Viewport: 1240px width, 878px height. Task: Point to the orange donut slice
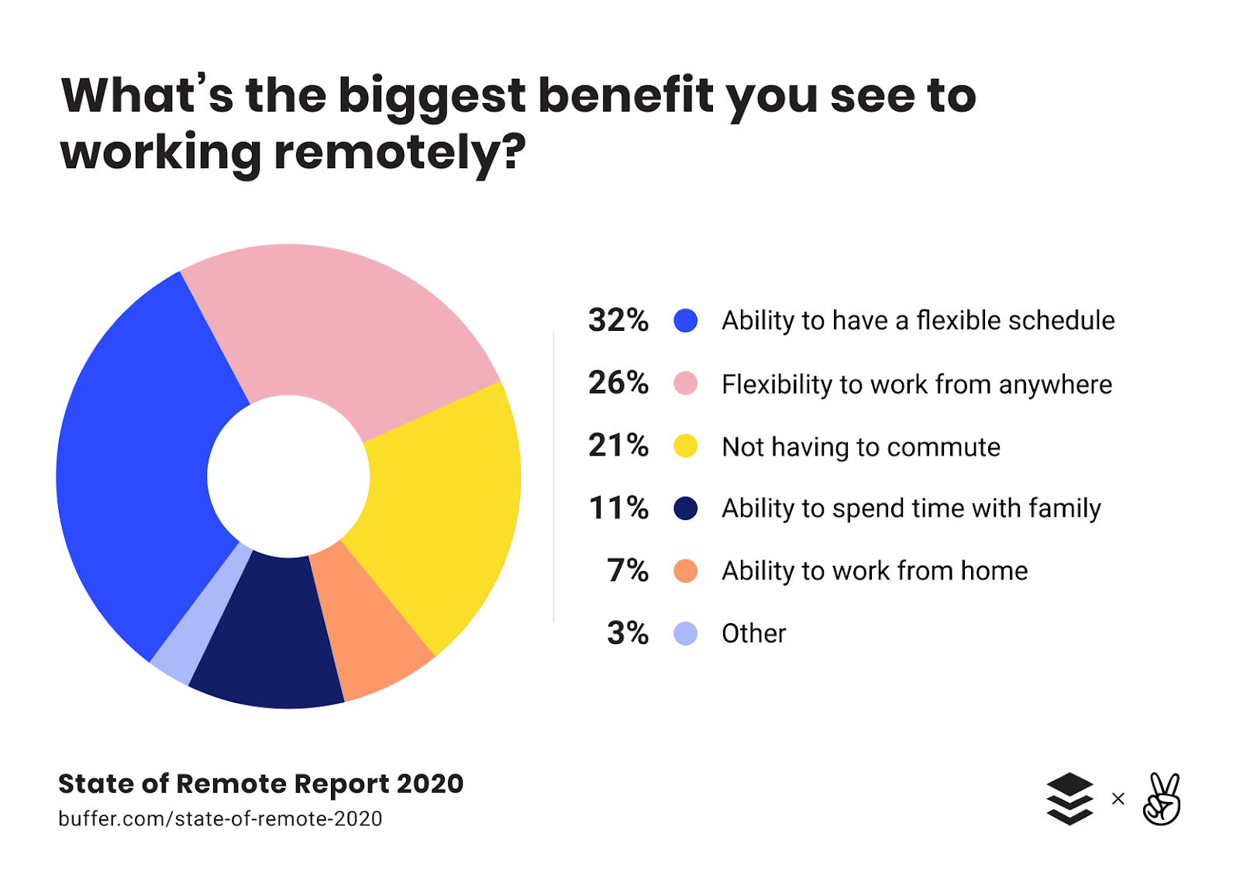tap(372, 620)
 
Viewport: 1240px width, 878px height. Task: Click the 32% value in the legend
tap(618, 320)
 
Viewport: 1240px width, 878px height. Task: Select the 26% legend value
tap(618, 383)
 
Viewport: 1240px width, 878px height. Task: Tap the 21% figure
tap(618, 446)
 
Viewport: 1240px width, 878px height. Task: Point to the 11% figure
tap(618, 508)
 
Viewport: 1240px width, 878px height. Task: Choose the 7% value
tap(627, 571)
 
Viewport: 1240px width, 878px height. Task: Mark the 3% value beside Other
tap(627, 634)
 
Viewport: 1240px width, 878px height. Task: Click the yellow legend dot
tap(685, 446)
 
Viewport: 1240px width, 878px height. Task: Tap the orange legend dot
tap(685, 571)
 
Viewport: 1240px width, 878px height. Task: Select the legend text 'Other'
tap(753, 634)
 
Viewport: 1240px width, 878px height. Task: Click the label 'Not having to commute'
tap(860, 447)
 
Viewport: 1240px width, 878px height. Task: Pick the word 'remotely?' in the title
tap(400, 152)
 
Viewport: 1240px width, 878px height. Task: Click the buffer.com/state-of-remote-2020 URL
tap(220, 819)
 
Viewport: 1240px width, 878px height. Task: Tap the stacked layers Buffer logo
tap(1069, 799)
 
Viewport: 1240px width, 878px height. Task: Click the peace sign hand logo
tap(1162, 799)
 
